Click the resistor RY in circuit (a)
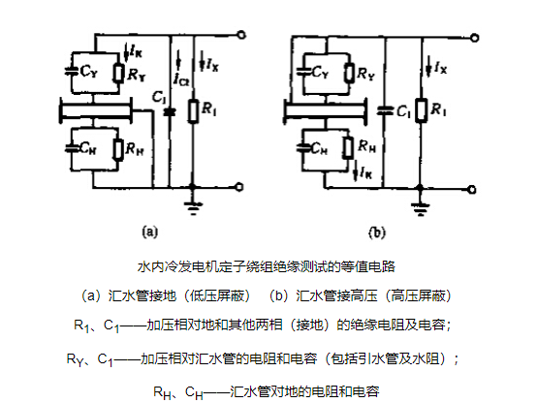point(119,73)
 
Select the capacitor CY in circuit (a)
point(71,72)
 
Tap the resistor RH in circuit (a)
point(118,149)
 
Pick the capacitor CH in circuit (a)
point(71,148)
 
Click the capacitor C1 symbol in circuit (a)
point(169,112)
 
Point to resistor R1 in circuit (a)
point(193,111)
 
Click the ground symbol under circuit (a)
point(193,208)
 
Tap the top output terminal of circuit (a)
point(241,35)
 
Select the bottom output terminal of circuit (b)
point(472,189)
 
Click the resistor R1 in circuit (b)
point(422,110)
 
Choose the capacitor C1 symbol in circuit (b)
point(385,110)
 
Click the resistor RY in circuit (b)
point(349,73)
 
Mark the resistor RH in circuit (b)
point(348,148)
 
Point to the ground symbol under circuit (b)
point(421,209)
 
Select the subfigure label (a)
point(150,232)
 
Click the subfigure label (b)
point(377,232)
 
